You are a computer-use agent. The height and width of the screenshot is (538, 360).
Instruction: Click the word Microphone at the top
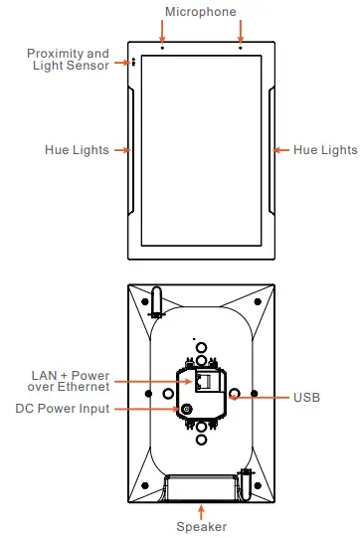(201, 12)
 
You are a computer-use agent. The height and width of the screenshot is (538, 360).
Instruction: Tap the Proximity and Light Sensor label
(68, 59)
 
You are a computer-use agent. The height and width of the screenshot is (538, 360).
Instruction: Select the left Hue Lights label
(77, 150)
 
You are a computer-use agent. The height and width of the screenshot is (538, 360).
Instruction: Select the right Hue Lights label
(325, 150)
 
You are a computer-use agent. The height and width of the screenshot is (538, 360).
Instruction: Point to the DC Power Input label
(63, 409)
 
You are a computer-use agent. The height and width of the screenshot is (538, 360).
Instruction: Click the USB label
(306, 397)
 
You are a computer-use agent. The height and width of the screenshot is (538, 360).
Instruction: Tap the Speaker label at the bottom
(201, 526)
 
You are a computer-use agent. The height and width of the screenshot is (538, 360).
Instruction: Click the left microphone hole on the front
(162, 47)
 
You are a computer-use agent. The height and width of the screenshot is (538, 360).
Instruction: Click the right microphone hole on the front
(240, 47)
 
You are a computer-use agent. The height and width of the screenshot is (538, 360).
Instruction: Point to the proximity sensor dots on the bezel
(132, 62)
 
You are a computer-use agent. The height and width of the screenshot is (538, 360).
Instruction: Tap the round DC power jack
(186, 409)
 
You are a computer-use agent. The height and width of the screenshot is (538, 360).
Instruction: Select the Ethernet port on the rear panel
(205, 382)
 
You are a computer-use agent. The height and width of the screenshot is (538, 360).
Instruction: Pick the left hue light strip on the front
(133, 150)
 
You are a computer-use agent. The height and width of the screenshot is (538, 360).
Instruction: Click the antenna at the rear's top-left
(156, 300)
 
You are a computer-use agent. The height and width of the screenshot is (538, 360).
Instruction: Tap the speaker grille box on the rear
(202, 486)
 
